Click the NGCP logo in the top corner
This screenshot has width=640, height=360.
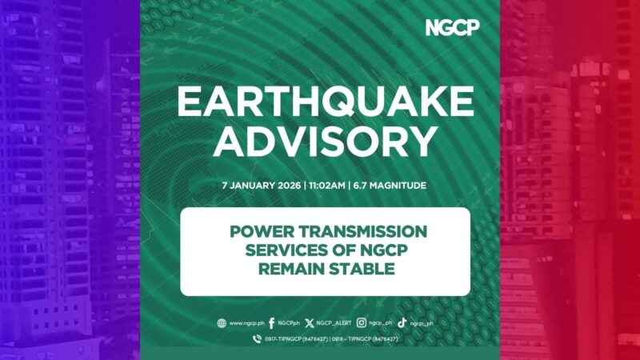[452, 27]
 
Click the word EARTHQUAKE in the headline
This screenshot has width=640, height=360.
[325, 105]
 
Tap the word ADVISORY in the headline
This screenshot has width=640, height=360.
[325, 142]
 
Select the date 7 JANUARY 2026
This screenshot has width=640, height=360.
[263, 186]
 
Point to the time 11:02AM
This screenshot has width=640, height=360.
[326, 186]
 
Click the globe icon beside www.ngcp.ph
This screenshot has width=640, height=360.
[222, 323]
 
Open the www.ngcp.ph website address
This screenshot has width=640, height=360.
[246, 323]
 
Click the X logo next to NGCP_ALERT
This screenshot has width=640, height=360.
[310, 323]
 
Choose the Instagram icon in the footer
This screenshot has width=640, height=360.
[362, 323]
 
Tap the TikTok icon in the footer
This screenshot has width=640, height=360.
[402, 323]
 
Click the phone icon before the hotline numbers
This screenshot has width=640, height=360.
[256, 339]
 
